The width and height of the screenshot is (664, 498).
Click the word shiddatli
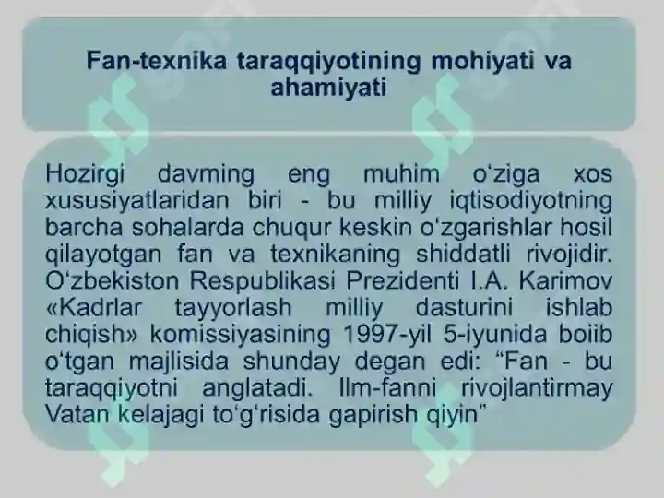(468, 254)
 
